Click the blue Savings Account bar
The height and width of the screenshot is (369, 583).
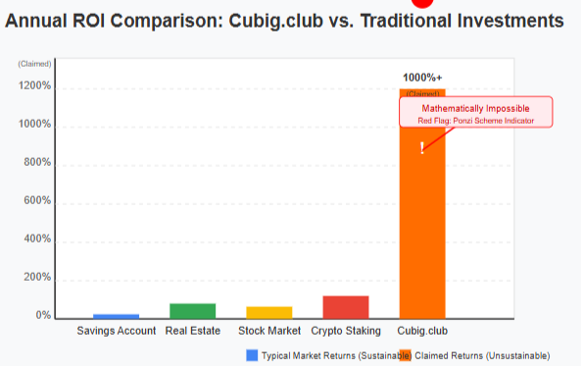coord(116,316)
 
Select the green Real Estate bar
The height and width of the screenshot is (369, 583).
coord(192,311)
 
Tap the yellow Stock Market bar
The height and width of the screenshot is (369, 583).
coord(268,312)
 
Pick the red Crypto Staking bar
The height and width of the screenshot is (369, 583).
coord(345,307)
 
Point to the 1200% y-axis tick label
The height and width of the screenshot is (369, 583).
coord(35,86)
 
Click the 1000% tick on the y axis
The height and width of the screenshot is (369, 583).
coord(35,125)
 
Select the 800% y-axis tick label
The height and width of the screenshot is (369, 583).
coord(37,163)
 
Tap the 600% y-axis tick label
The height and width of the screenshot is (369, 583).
coord(37,201)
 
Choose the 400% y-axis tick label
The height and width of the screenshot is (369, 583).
coord(37,239)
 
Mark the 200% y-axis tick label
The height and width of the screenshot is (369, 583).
coord(37,278)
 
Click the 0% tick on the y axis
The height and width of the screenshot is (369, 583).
coord(42,316)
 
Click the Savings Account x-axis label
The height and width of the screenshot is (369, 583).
coord(117,332)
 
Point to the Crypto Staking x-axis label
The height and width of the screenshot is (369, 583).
coord(346,332)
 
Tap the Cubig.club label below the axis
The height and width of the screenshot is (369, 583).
coord(422,332)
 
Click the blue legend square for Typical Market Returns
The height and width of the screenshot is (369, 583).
coord(251,355)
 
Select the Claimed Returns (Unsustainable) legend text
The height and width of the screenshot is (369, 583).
coord(482,355)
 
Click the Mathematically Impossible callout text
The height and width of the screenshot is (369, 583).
coord(476,107)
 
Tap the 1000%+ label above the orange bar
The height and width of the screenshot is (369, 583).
coord(422,77)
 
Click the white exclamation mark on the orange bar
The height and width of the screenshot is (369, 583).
coord(422,147)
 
